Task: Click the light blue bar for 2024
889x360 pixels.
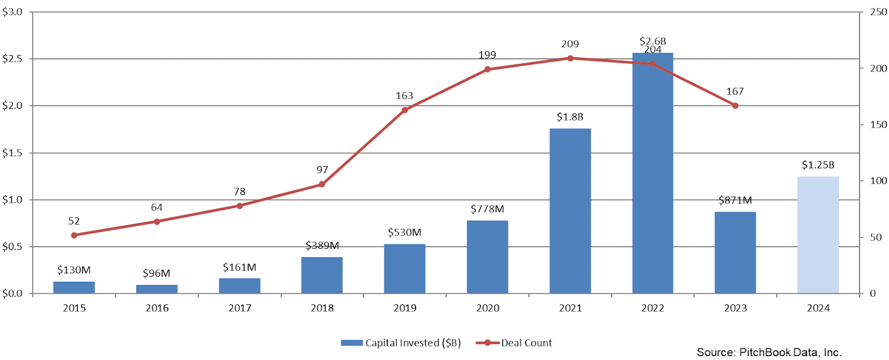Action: (817, 235)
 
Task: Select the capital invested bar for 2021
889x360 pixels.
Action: (570, 211)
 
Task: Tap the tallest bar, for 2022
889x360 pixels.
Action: (652, 178)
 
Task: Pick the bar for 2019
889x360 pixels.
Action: (404, 269)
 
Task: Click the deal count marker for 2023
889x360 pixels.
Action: (735, 106)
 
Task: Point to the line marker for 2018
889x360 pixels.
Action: (322, 184)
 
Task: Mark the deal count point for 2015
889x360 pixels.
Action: (74, 235)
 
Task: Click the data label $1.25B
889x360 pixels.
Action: (818, 165)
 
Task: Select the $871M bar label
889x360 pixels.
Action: (735, 200)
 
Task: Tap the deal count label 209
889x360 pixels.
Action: (570, 44)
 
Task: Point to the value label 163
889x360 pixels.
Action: (404, 96)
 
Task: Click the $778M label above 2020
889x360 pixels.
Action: (487, 209)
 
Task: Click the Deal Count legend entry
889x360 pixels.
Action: (515, 343)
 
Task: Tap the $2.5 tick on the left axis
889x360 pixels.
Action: (12, 59)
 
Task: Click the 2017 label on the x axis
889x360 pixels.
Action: (239, 308)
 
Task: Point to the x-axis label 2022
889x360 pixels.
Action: (652, 308)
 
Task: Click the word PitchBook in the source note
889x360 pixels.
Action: (763, 352)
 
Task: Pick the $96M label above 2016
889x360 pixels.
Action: (157, 273)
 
